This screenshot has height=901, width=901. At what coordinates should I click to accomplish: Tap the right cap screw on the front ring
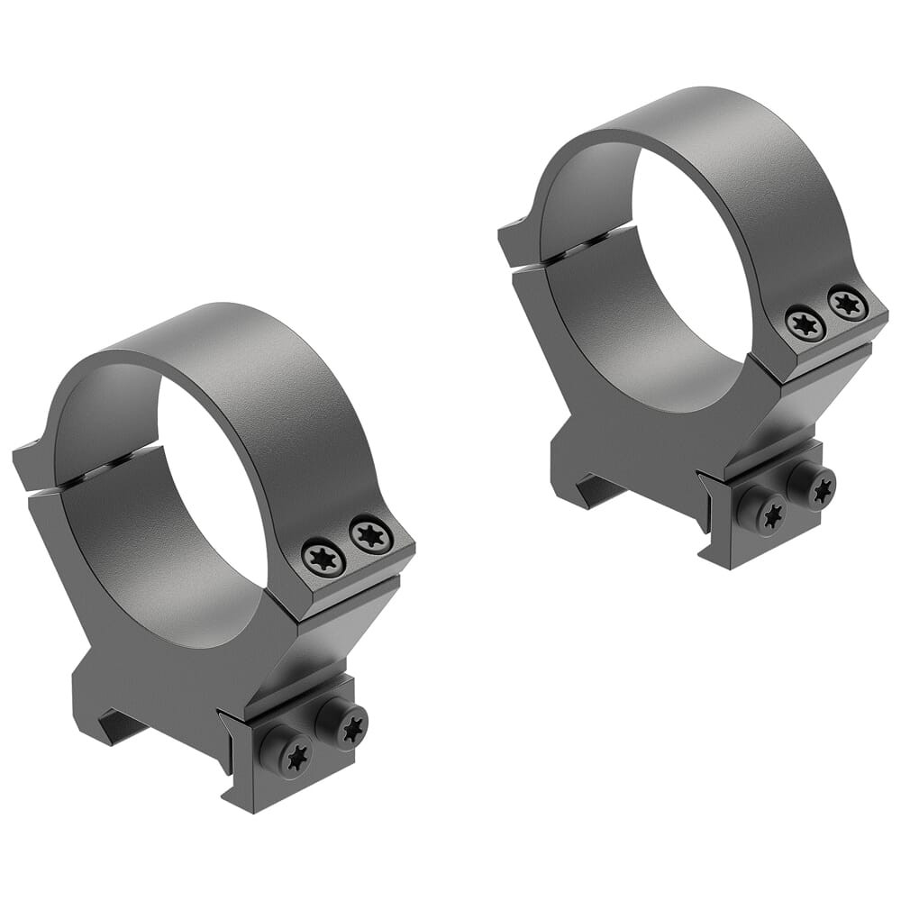(x=371, y=535)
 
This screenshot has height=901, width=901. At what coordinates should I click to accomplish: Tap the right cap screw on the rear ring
(x=848, y=303)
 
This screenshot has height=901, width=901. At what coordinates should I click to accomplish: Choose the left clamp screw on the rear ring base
(x=768, y=514)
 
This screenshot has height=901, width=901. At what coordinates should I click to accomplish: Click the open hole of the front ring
(x=216, y=487)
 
